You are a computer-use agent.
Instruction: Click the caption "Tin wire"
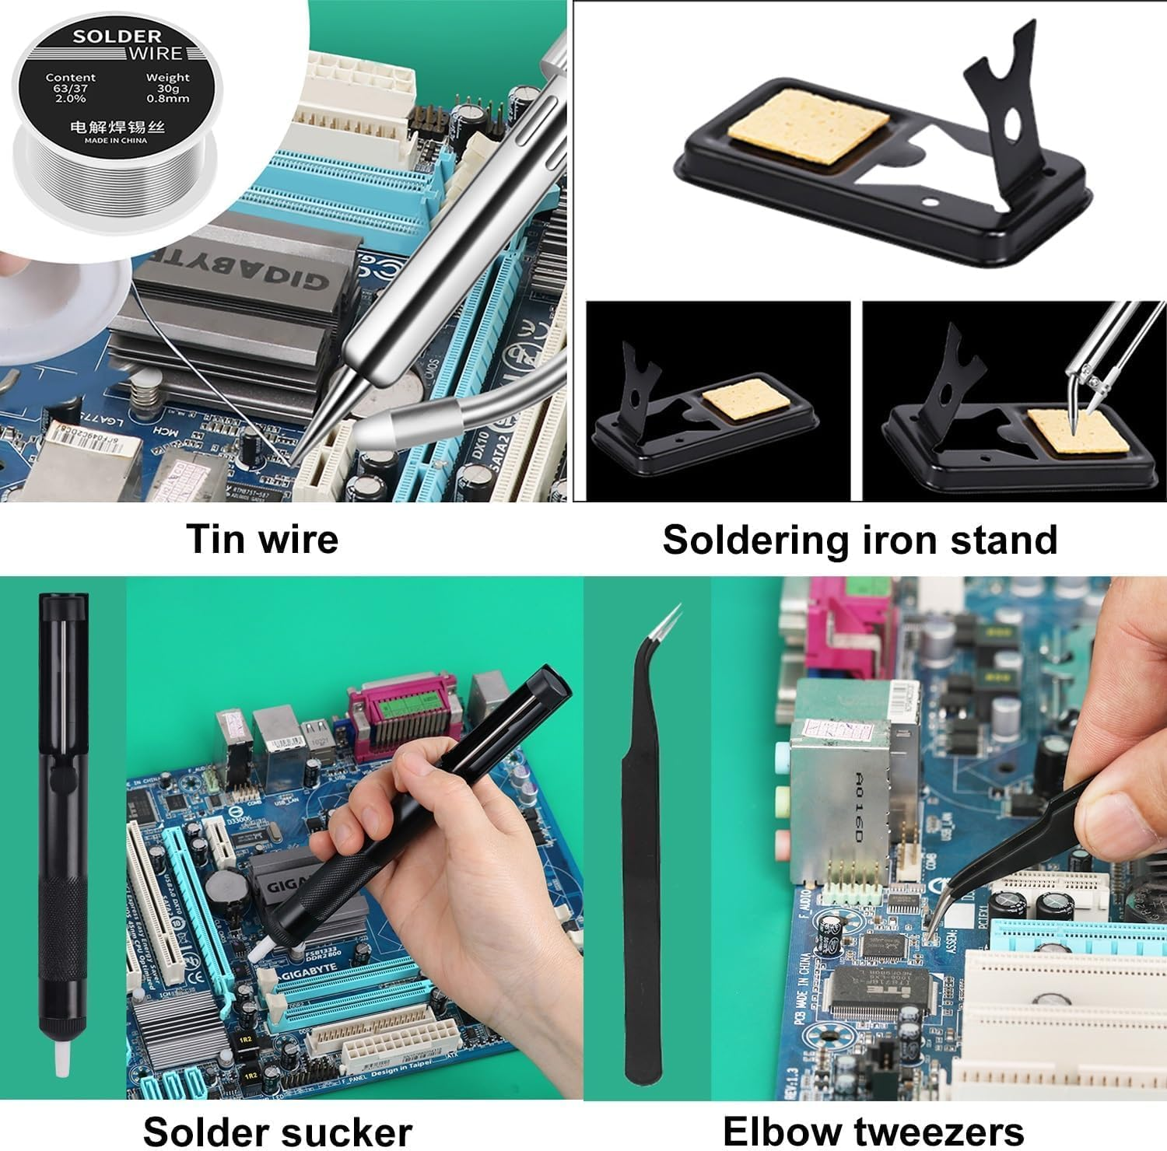click(x=262, y=539)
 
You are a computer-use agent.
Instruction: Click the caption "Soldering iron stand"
click(x=860, y=539)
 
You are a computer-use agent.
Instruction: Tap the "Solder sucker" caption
click(x=277, y=1129)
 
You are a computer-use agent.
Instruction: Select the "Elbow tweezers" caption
click(x=873, y=1129)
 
